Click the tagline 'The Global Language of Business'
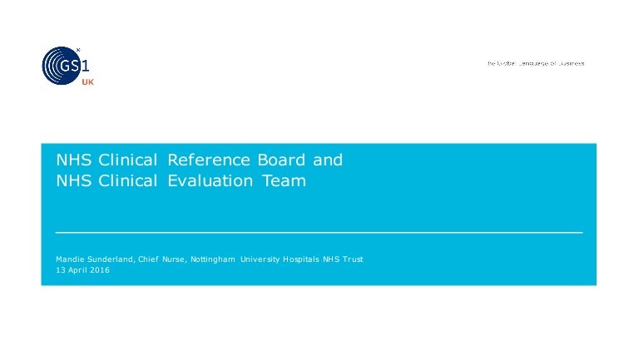[x=536, y=63]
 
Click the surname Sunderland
[x=110, y=259]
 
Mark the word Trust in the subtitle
[x=353, y=259]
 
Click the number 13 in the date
[x=60, y=270]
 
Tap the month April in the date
[x=77, y=270]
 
